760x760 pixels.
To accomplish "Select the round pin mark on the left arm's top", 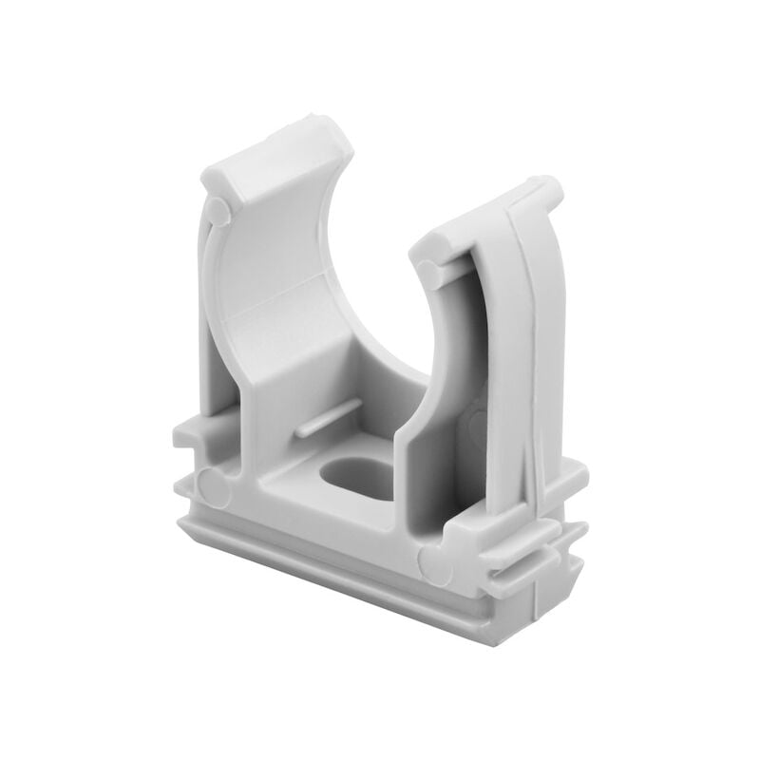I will (218, 212).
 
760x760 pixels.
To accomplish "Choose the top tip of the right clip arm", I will (551, 182).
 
